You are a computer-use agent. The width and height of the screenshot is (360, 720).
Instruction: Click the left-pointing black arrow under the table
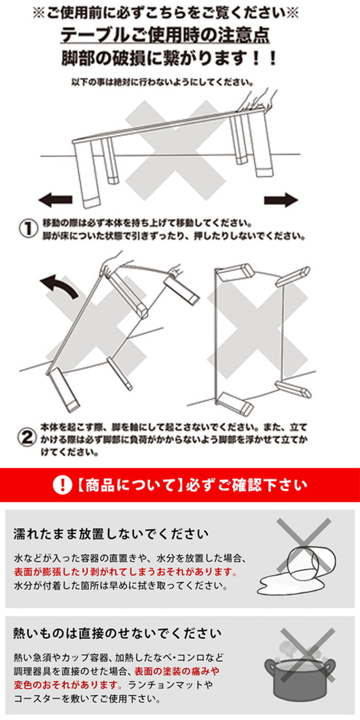pos(56,200)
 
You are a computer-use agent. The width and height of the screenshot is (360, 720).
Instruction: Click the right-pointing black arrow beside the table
pos(281,200)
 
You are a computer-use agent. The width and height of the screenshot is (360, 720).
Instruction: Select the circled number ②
pos(28,438)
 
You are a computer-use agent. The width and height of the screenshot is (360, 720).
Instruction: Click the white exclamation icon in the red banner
pos(62,484)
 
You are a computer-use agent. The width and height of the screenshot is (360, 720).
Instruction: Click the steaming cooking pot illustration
pos(299,671)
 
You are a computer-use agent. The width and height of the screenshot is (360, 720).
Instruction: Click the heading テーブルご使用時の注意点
pos(165,35)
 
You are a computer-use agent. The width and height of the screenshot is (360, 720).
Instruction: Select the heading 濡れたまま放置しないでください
pos(111,533)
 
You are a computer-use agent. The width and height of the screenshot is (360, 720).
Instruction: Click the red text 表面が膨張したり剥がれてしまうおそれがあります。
pos(125,571)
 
